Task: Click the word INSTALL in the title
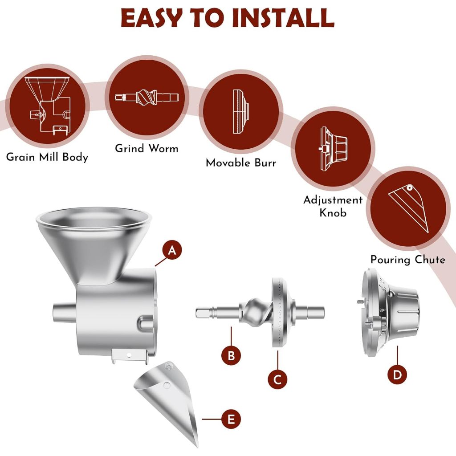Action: (283, 18)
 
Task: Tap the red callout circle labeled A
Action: (172, 250)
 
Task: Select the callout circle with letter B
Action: (231, 355)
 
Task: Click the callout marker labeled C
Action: (278, 379)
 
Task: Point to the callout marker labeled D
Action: (397, 375)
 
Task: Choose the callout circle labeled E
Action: (231, 419)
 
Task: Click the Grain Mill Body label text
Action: (47, 157)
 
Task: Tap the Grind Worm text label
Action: (147, 148)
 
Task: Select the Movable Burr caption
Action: (241, 163)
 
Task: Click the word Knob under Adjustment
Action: (333, 212)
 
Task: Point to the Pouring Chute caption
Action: (408, 260)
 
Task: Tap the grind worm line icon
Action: (147, 97)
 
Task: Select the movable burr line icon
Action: (241, 112)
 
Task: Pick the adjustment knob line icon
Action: (333, 149)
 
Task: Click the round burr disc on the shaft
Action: (281, 312)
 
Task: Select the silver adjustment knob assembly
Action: (388, 312)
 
